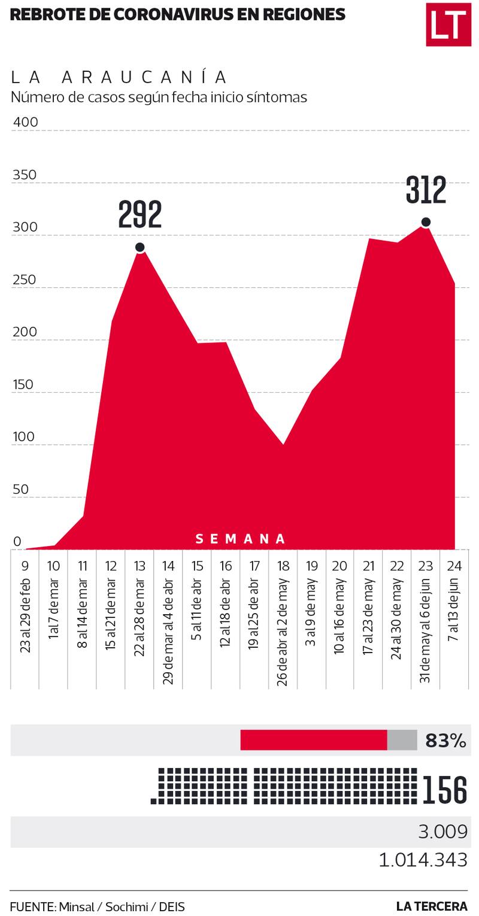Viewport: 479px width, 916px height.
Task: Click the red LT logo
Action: pyautogui.click(x=448, y=24)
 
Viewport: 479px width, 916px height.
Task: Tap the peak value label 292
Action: pyautogui.click(x=140, y=214)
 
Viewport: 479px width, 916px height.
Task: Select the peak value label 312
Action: pyautogui.click(x=426, y=190)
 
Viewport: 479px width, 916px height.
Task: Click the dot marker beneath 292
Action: pyautogui.click(x=140, y=247)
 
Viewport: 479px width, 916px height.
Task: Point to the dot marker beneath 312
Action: pyautogui.click(x=426, y=222)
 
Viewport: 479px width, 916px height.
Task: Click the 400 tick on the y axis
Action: pyautogui.click(x=25, y=122)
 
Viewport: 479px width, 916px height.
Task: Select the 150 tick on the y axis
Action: pyautogui.click(x=23, y=384)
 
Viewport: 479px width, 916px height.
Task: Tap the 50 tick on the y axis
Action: pyautogui.click(x=20, y=489)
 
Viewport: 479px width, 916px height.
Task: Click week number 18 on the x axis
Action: pyautogui.click(x=283, y=566)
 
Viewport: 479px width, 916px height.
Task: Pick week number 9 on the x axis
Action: pyautogui.click(x=25, y=566)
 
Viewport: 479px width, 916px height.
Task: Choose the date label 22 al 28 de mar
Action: pyautogui.click(x=140, y=617)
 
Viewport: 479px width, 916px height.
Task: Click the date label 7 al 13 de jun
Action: pyautogui.click(x=454, y=609)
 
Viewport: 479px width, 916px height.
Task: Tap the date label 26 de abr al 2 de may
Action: pyautogui.click(x=283, y=632)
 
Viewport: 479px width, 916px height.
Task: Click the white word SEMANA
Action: pyautogui.click(x=241, y=539)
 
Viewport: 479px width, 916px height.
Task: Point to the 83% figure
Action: pyautogui.click(x=445, y=741)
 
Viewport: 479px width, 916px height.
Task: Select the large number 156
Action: pyautogui.click(x=445, y=790)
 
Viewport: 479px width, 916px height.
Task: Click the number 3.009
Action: pyautogui.click(x=442, y=832)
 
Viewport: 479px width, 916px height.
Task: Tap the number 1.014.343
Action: pyautogui.click(x=423, y=860)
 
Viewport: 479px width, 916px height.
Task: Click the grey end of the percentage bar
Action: pyautogui.click(x=402, y=740)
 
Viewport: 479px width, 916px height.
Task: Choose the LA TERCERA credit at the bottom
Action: pyautogui.click(x=432, y=906)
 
